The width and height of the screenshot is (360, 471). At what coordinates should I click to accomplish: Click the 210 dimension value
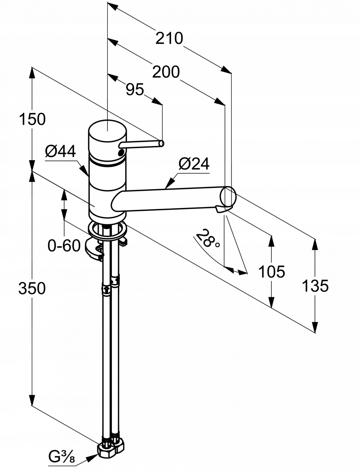point(169,38)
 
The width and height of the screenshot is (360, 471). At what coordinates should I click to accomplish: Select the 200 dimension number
point(166,72)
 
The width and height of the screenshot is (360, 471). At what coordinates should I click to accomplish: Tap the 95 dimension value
point(135,89)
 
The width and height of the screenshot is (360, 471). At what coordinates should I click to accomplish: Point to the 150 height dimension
point(32,119)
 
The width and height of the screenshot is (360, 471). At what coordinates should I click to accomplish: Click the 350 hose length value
point(32,288)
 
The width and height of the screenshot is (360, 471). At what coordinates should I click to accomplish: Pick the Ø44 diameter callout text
point(61,152)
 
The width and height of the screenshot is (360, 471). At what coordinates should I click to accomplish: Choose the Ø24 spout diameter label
point(194,164)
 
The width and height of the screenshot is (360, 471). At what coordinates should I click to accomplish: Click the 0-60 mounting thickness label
point(64,246)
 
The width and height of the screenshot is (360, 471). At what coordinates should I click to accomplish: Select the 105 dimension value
point(271,271)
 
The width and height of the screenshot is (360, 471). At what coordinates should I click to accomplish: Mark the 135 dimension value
point(315,286)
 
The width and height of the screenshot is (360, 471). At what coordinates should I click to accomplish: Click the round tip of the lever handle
point(161,143)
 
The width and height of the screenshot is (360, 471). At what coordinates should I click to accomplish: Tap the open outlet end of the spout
point(228,196)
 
